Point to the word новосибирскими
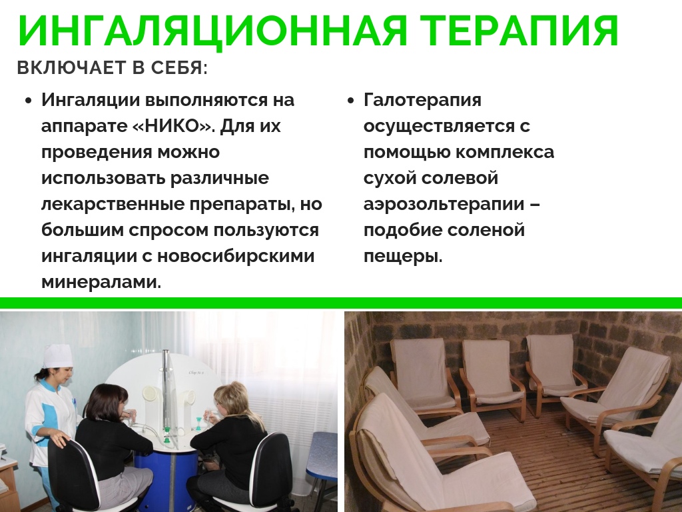(x=236, y=255)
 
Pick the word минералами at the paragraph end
(x=101, y=282)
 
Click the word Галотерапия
(x=422, y=100)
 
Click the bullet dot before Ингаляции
(x=29, y=101)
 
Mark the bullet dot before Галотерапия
(x=351, y=101)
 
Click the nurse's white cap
(x=57, y=355)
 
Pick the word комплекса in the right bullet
(x=505, y=153)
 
